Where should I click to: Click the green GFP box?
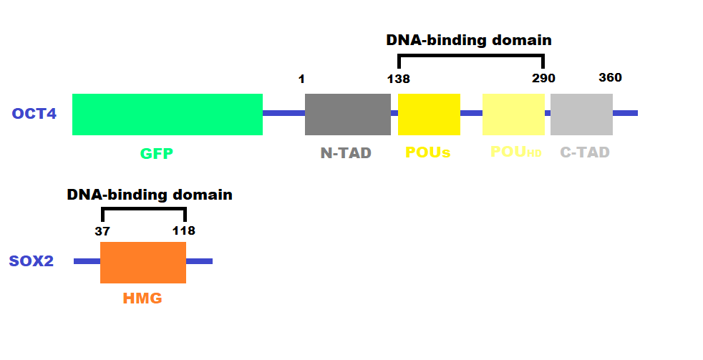[x=168, y=114]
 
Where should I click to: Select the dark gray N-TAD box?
[x=348, y=114]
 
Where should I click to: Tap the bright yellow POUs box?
[x=429, y=114]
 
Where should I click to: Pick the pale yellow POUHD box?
[x=513, y=114]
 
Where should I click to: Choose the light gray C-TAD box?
[x=581, y=114]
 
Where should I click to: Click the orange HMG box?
[x=143, y=262]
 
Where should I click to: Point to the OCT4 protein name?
[x=34, y=114]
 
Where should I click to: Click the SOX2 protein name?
[x=32, y=261]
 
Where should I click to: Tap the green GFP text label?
[x=157, y=152]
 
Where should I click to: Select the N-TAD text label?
[x=346, y=152]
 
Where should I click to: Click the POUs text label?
[x=427, y=152]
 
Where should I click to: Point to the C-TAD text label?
[x=585, y=152]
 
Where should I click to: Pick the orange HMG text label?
[x=142, y=299]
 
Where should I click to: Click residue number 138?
[x=398, y=79]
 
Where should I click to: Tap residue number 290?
[x=543, y=79]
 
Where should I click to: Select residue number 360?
[x=610, y=77]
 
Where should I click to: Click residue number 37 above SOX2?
[x=102, y=230]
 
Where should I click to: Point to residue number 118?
[x=183, y=230]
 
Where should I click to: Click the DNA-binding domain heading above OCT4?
[x=469, y=40]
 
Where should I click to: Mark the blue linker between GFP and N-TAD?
[x=283, y=113]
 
